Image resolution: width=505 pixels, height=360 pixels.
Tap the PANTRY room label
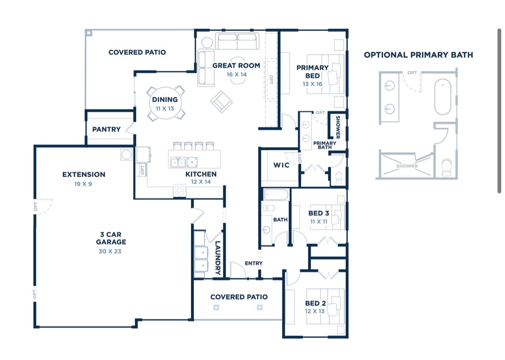106,129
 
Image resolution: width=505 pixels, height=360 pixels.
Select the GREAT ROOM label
236,66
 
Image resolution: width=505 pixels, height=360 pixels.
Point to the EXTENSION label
84,175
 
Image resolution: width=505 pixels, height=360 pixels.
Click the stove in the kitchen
180,190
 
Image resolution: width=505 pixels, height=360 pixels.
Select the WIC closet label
281,165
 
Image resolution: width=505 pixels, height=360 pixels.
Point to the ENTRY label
254,263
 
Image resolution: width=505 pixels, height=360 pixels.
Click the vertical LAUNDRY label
217,258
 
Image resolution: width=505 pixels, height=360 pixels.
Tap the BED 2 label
315,303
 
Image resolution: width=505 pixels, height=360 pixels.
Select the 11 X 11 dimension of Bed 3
319,221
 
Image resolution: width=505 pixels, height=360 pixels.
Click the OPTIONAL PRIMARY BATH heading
418,55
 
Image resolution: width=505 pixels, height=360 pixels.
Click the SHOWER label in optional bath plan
407,166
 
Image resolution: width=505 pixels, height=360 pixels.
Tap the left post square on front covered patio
216,308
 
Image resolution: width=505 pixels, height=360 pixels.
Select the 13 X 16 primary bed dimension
312,84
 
